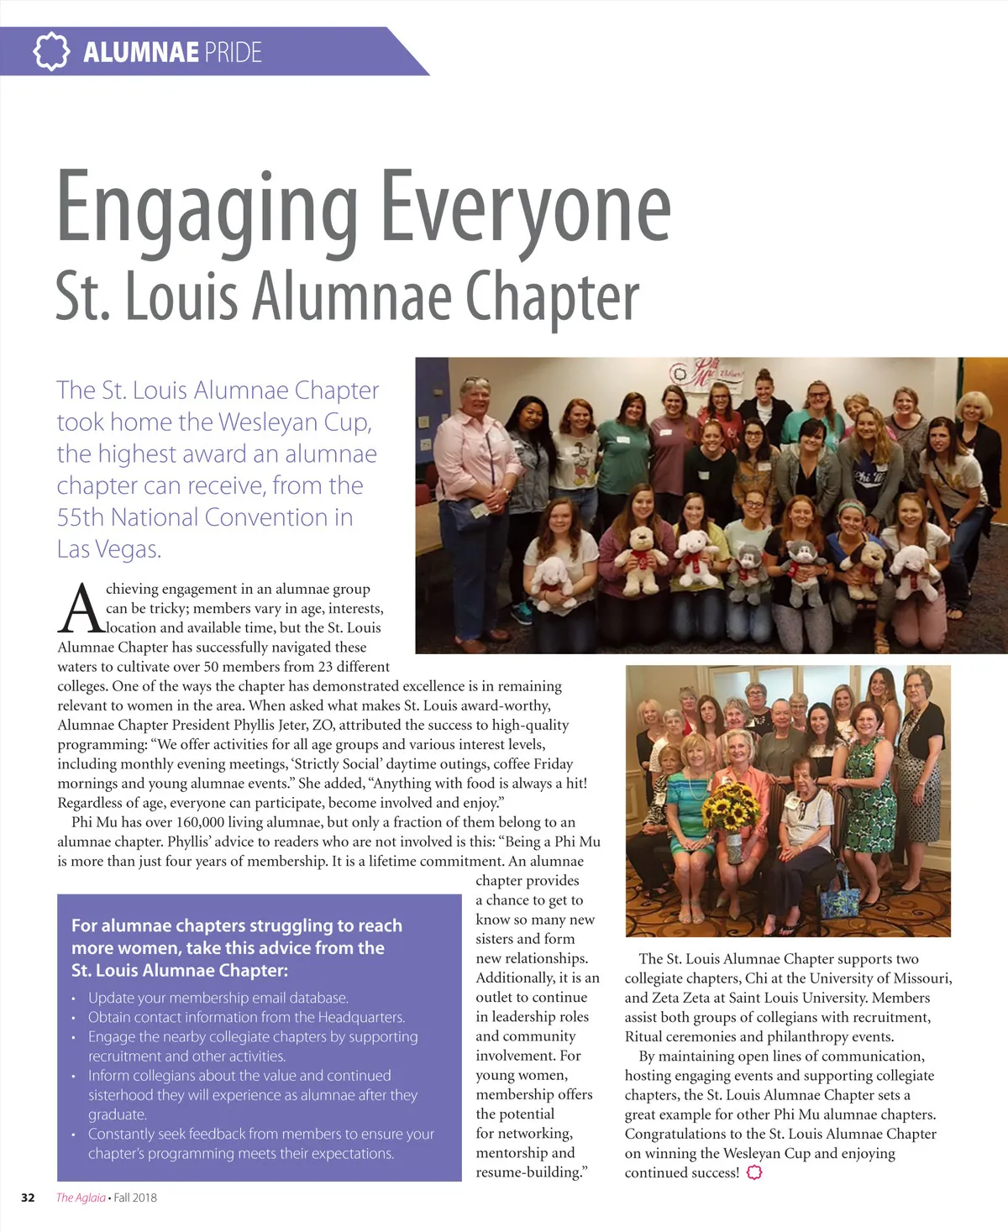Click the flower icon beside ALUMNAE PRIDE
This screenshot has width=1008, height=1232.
pyautogui.click(x=51, y=51)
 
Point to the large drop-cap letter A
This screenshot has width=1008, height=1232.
pyautogui.click(x=81, y=609)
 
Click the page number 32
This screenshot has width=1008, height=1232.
pyautogui.click(x=28, y=1198)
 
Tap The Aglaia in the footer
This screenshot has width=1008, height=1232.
pyautogui.click(x=81, y=1198)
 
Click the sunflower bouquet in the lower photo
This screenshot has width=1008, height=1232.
pyautogui.click(x=728, y=806)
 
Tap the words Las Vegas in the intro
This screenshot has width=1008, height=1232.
pyautogui.click(x=108, y=549)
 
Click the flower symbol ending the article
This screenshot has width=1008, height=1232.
pyautogui.click(x=754, y=1172)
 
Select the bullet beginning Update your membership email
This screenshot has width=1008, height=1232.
pyautogui.click(x=218, y=998)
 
